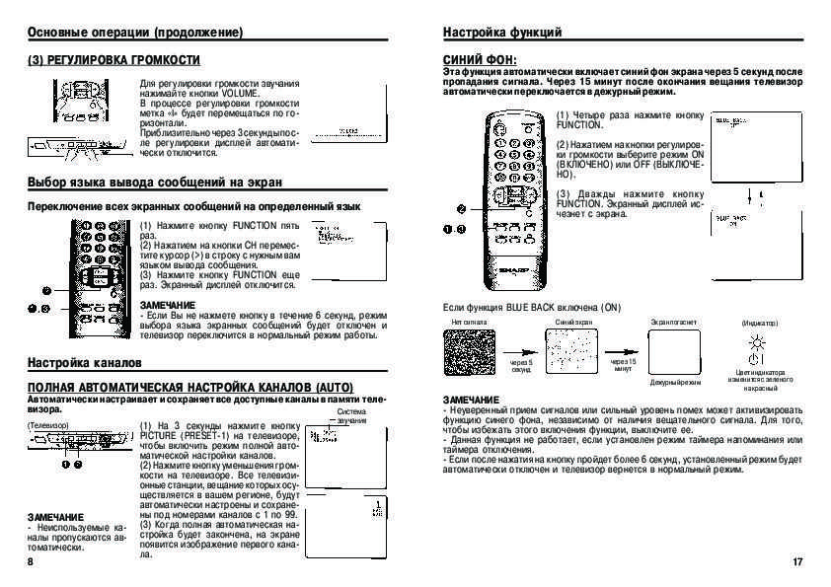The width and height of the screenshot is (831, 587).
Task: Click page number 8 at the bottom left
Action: (31, 561)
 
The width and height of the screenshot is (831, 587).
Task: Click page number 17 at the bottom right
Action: (797, 561)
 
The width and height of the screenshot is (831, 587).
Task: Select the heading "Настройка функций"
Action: (502, 33)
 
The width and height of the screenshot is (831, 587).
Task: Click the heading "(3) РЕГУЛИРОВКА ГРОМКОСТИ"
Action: (101, 60)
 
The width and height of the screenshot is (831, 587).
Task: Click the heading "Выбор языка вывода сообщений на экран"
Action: (155, 183)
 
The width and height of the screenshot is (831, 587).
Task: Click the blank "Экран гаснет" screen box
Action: (675, 353)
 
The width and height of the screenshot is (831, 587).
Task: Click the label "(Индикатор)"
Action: (759, 323)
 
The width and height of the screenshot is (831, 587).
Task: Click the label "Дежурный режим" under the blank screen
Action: (675, 382)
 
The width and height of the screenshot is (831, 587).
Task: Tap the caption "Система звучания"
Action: (351, 416)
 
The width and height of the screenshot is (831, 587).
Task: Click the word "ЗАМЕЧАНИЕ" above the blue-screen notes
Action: (471, 399)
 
